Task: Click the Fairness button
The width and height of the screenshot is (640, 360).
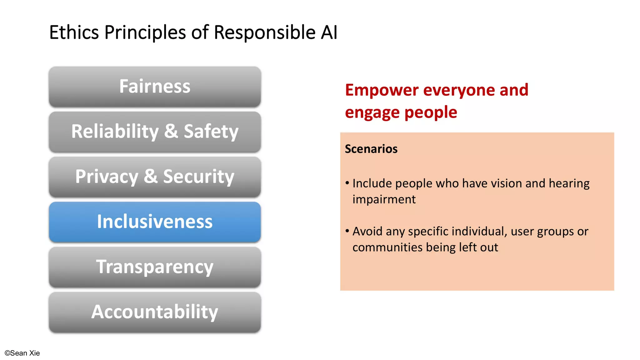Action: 155,87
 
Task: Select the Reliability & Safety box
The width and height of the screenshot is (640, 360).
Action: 155,132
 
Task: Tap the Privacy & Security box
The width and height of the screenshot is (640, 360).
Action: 155,177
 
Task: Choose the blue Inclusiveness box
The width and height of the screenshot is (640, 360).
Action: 155,222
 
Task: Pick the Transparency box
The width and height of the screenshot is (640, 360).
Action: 155,267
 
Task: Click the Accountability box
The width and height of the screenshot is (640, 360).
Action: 155,312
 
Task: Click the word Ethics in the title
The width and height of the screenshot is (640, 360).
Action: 74,32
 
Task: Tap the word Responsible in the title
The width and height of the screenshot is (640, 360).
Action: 264,32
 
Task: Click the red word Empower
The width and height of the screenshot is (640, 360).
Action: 381,90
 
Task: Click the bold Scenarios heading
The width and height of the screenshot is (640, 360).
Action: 371,149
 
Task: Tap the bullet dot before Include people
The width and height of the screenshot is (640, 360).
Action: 347,183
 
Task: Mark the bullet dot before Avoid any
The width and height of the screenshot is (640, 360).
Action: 347,231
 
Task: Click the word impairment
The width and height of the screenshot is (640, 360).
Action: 384,199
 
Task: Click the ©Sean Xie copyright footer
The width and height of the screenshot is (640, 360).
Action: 22,353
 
